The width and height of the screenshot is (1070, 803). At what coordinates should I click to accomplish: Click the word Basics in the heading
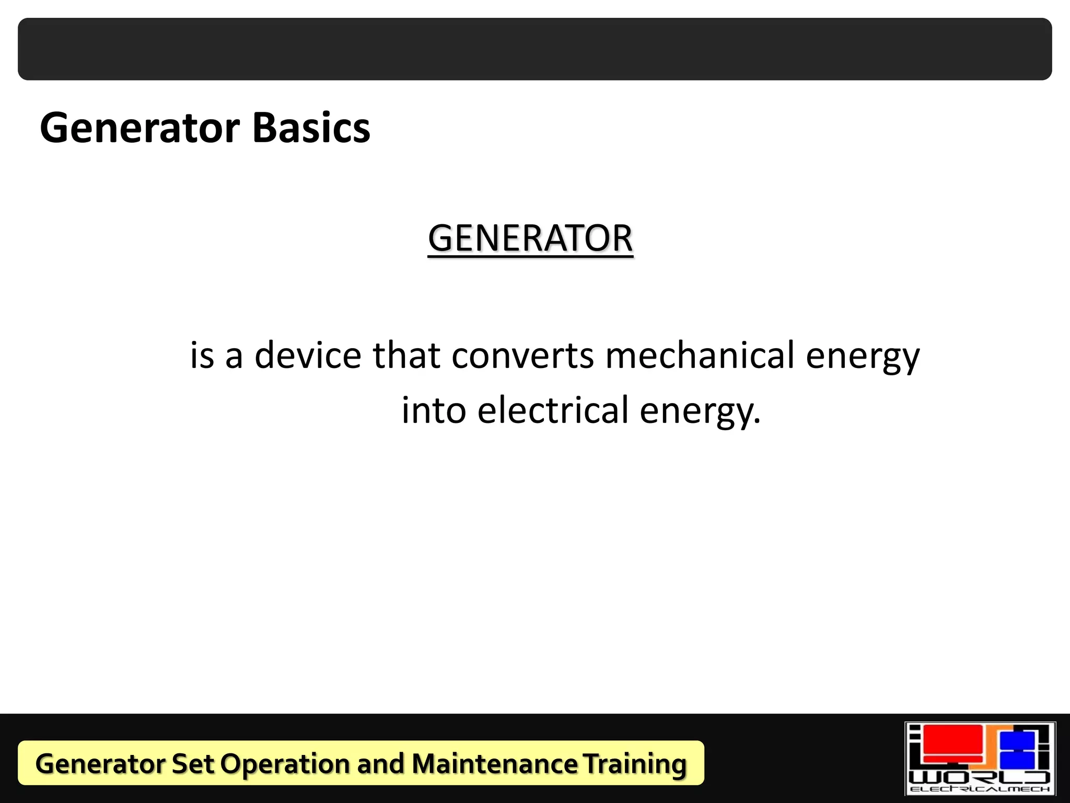[311, 128]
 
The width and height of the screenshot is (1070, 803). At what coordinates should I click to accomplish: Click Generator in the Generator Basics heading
[140, 128]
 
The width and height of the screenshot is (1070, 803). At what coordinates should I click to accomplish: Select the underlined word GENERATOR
[530, 239]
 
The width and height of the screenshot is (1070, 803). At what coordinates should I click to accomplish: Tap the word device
[308, 355]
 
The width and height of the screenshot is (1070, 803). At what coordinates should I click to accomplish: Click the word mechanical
[700, 355]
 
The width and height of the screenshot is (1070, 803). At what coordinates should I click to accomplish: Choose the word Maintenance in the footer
[494, 764]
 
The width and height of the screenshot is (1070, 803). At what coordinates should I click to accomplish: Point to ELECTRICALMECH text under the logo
[980, 789]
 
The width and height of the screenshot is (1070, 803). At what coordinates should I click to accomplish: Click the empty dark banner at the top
[535, 49]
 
